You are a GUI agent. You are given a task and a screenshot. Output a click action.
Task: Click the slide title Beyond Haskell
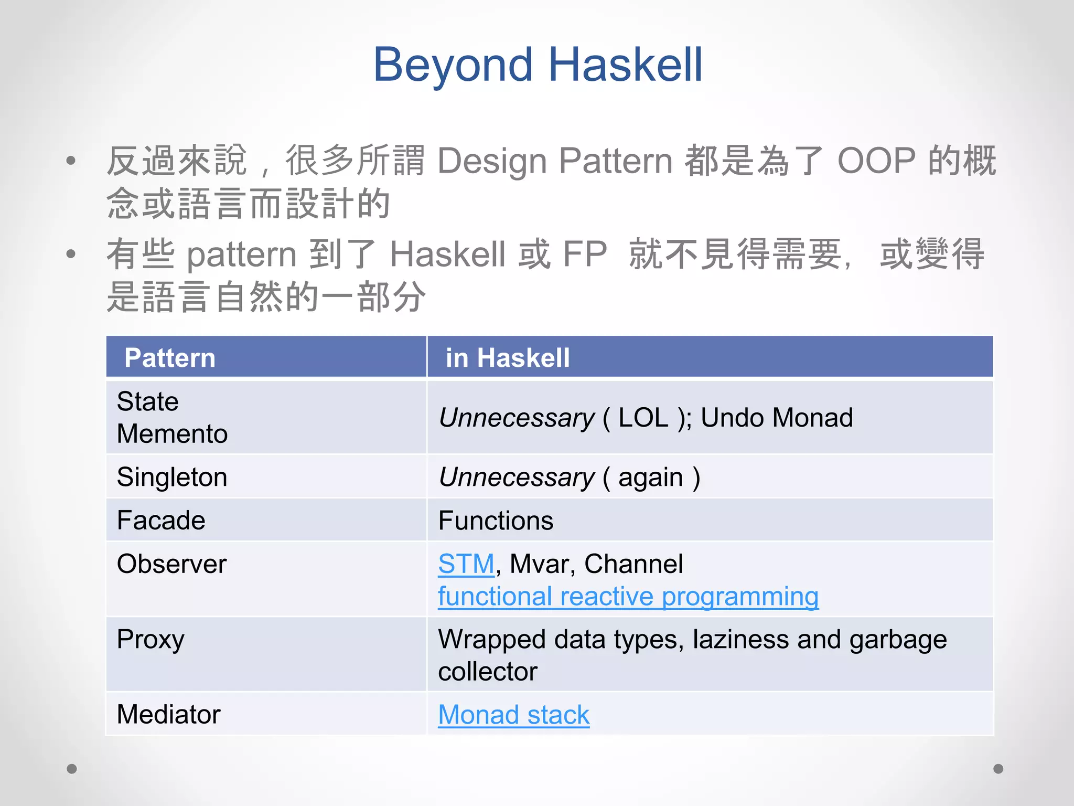538,65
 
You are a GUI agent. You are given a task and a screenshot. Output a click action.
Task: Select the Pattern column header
169,358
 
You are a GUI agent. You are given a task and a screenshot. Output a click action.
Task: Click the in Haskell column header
507,358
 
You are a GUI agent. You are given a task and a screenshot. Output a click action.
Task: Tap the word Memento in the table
172,434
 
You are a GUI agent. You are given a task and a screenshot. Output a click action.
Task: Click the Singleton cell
172,478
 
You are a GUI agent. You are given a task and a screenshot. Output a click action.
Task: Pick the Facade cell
161,521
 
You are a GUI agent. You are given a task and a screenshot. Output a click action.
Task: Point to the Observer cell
171,564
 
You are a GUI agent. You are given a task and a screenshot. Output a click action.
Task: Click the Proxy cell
151,640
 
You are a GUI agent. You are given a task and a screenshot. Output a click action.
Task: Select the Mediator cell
168,715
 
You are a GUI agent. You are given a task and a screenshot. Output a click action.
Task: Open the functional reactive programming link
628,597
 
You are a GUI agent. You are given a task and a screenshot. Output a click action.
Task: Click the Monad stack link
513,715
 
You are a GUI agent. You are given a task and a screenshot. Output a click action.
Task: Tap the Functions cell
496,521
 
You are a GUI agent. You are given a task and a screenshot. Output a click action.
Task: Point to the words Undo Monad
776,418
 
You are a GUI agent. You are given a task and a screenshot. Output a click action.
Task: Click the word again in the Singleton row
650,478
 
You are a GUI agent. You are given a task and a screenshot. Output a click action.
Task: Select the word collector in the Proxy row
488,672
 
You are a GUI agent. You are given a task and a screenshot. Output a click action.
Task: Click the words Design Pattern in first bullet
554,160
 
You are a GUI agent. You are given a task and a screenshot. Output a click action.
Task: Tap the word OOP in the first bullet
876,160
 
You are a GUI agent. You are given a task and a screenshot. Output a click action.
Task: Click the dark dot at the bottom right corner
998,769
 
